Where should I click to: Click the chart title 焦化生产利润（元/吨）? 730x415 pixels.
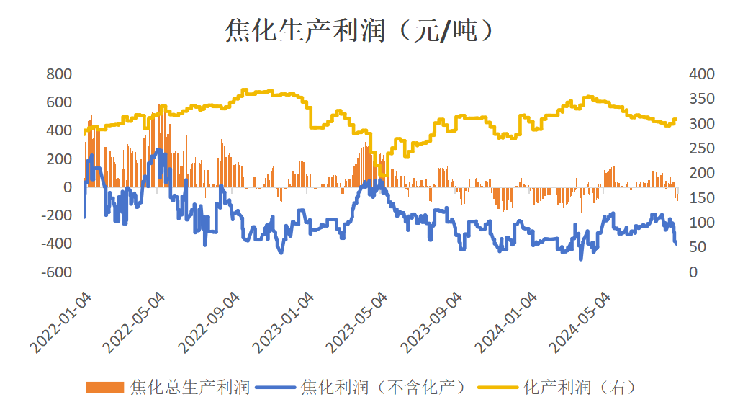360,30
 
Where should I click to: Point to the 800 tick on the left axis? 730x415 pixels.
59,74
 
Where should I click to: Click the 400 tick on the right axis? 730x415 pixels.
701,74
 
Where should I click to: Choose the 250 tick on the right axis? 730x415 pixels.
701,148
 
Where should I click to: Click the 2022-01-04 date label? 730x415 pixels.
62,323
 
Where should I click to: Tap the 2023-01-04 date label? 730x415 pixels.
285,323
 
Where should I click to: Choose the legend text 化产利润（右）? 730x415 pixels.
580,388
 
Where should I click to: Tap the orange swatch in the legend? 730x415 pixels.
105,388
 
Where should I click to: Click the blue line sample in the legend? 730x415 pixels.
276,388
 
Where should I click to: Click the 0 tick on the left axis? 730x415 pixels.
68,187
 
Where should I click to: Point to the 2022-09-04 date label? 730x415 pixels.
210,323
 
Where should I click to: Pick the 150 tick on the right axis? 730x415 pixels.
701,198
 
